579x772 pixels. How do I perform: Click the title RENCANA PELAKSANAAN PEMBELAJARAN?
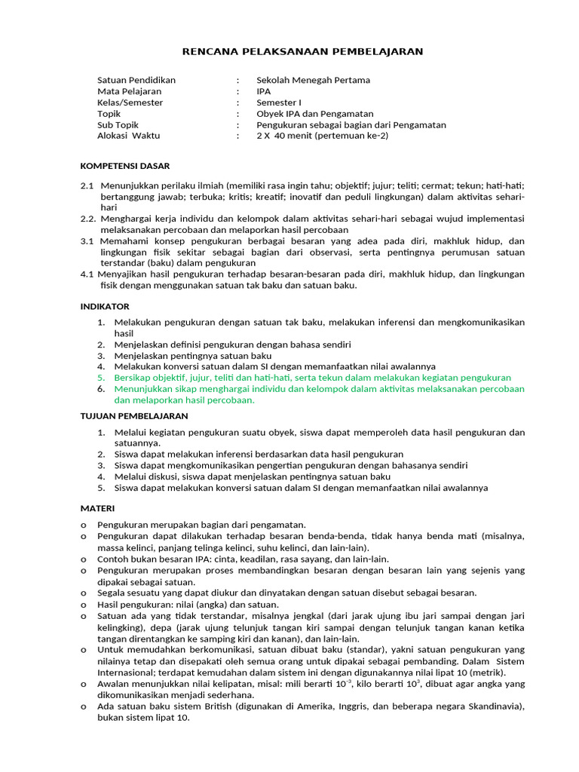pyautogui.click(x=303, y=51)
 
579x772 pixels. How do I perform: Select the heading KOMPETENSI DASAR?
pyautogui.click(x=125, y=166)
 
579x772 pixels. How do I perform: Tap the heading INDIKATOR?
pyautogui.click(x=105, y=306)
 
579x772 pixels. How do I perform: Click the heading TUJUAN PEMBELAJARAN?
pyautogui.click(x=134, y=416)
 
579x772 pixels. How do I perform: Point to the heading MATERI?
pyautogui.click(x=97, y=508)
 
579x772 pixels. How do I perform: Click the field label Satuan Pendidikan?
pyautogui.click(x=136, y=80)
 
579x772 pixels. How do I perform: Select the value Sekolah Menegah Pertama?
pyautogui.click(x=313, y=80)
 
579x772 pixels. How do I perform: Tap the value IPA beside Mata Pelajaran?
pyautogui.click(x=263, y=91)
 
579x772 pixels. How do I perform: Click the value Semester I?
pyautogui.click(x=278, y=103)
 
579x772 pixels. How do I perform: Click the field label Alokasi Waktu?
pyautogui.click(x=129, y=136)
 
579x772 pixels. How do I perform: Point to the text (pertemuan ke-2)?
pyautogui.click(x=352, y=136)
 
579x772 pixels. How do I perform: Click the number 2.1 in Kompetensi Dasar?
pyautogui.click(x=87, y=185)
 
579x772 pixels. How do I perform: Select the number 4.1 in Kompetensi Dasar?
pyautogui.click(x=87, y=274)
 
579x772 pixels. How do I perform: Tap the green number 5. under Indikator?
pyautogui.click(x=101, y=378)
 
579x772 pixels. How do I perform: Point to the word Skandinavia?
pyautogui.click(x=493, y=706)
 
